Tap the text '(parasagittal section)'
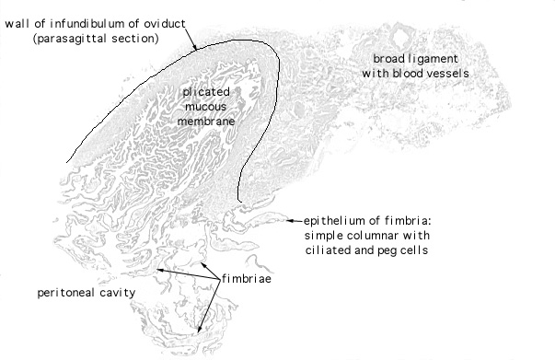click(96, 39)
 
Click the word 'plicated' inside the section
click(206, 92)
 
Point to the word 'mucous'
click(205, 107)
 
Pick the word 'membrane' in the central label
click(206, 122)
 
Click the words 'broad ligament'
click(415, 59)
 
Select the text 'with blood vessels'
click(415, 74)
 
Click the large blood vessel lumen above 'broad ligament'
click(400, 37)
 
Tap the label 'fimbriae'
click(247, 279)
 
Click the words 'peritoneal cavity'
click(87, 293)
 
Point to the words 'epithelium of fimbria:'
click(367, 221)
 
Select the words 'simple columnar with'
click(367, 236)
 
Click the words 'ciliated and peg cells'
click(366, 250)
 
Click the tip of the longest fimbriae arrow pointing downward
click(198, 332)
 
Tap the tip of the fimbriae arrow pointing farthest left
click(157, 270)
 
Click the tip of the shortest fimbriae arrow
click(201, 263)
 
